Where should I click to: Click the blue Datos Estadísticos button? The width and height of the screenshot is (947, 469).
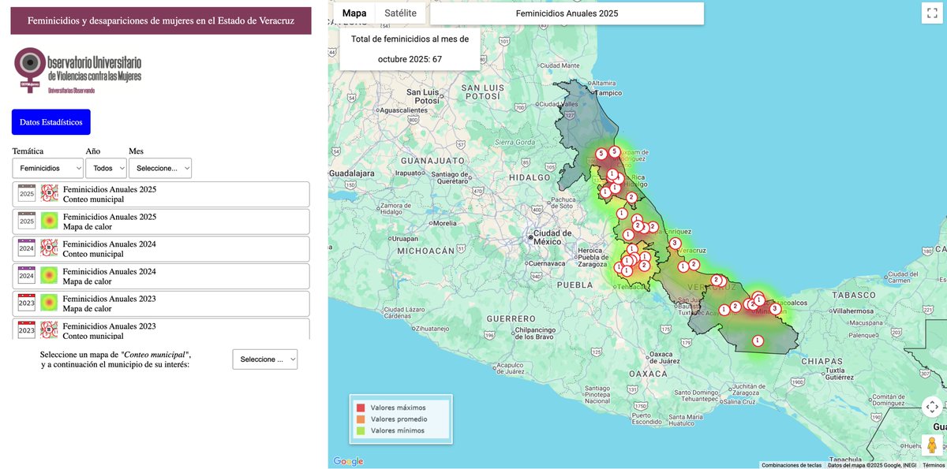(51, 122)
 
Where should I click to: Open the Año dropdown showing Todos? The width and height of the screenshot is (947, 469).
(107, 168)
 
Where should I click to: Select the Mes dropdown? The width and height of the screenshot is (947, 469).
(160, 168)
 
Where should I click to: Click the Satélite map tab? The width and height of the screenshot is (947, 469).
(400, 13)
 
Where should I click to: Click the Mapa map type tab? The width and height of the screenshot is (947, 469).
(354, 13)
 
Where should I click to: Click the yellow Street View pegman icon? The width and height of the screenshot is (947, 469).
(932, 445)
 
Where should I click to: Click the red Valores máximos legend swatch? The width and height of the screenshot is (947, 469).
(361, 408)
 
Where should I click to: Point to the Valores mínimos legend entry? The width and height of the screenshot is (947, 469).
(397, 430)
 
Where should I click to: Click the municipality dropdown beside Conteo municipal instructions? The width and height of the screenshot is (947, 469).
(265, 359)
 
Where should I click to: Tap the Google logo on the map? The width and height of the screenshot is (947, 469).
(348, 461)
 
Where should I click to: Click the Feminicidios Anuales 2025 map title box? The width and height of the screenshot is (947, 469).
(567, 13)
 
